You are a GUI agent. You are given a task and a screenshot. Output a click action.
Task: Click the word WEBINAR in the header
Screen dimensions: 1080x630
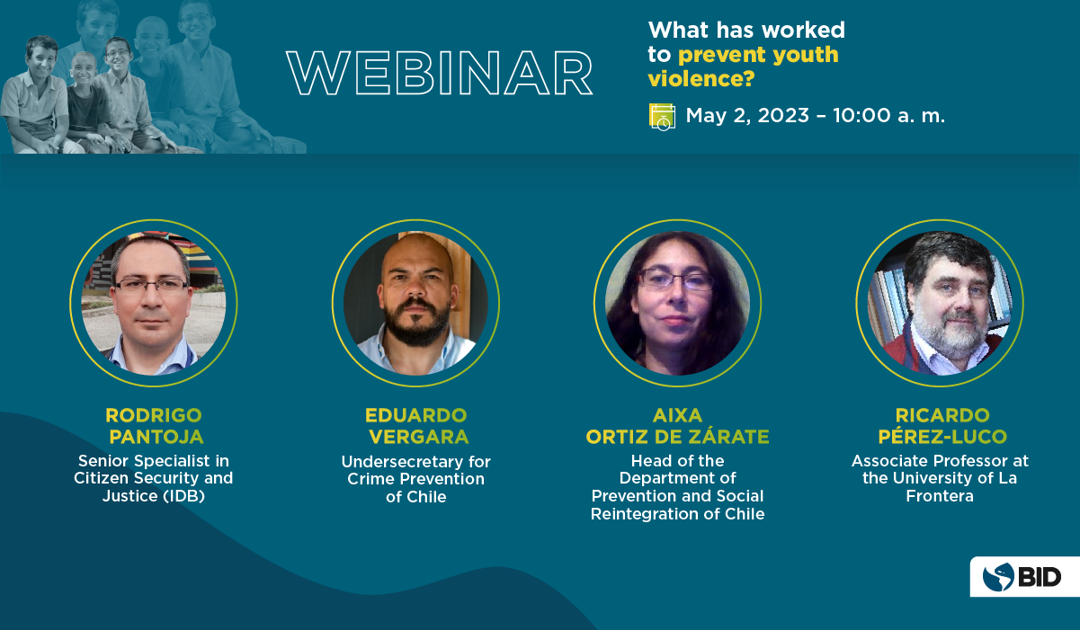click(439, 73)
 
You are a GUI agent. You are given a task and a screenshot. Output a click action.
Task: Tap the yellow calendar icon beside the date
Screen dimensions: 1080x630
click(662, 117)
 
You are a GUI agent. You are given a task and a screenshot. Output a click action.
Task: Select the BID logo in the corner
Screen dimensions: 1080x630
click(1023, 577)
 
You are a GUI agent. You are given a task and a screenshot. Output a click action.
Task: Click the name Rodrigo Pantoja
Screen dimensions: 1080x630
click(155, 426)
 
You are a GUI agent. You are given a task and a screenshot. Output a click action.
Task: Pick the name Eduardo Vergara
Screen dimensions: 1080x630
click(416, 426)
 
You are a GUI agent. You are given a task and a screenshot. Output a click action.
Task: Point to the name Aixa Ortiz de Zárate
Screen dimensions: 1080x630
click(677, 426)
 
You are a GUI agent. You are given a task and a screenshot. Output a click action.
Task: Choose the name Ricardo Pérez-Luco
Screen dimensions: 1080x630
click(942, 426)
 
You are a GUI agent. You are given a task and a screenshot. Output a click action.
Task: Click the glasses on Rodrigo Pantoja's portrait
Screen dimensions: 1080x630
click(152, 286)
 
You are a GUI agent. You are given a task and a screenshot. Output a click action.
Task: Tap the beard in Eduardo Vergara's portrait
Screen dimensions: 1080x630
click(417, 322)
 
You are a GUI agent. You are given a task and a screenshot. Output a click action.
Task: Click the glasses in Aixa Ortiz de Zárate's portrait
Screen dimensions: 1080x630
click(676, 280)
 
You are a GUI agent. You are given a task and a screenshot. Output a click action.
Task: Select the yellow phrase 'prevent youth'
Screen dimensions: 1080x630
click(758, 55)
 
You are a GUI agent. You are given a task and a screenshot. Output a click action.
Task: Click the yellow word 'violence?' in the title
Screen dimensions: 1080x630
click(701, 78)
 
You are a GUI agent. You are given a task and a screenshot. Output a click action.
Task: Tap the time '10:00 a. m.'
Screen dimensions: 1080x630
click(888, 116)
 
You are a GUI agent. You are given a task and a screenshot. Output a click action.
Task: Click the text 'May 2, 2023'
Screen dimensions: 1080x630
click(747, 116)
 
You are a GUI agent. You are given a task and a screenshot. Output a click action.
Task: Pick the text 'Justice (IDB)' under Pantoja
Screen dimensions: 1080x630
click(154, 496)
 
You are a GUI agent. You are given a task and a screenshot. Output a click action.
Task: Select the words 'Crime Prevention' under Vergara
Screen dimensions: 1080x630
click(416, 479)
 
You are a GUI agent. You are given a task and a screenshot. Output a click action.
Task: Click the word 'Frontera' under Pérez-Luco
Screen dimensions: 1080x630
click(940, 496)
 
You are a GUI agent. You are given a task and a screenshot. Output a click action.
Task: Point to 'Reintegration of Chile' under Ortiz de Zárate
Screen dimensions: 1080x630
click(677, 514)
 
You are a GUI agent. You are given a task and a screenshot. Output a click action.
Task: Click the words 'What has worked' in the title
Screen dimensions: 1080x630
click(746, 30)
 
